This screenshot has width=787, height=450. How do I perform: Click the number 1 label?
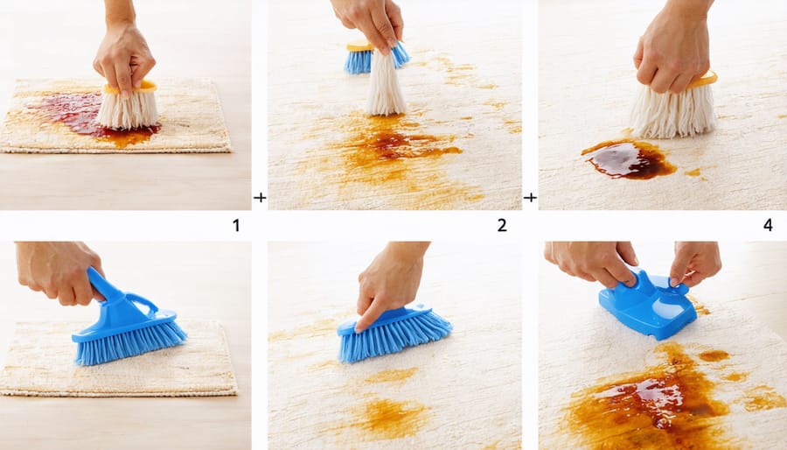[236, 226]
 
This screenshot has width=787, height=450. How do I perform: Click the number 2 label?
[502, 226]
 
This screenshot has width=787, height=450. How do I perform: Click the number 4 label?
[768, 226]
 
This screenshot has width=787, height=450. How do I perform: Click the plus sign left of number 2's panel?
[260, 198]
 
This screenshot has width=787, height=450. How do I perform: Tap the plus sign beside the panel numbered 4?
[530, 198]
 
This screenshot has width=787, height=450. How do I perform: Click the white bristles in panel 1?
[128, 109]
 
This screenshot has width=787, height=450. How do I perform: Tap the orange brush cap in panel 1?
[131, 88]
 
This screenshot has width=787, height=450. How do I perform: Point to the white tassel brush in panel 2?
[386, 83]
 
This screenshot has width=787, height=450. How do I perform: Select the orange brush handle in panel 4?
[703, 80]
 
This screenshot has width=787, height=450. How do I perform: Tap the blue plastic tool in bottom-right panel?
[647, 304]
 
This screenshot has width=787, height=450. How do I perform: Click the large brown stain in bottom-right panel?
[652, 399]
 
